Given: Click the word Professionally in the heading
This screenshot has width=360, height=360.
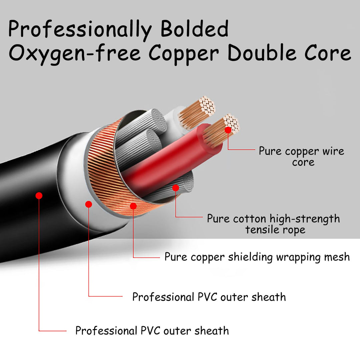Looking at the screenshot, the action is click(x=80, y=29).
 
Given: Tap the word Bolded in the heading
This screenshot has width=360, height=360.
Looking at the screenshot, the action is click(x=194, y=28).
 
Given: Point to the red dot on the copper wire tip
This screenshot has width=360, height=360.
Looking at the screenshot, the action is click(x=228, y=130).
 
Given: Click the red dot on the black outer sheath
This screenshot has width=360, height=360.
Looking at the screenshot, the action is click(x=39, y=196).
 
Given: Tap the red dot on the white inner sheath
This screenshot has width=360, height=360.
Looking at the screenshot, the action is click(x=89, y=204).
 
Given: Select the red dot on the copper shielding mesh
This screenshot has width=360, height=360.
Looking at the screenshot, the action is click(x=133, y=206).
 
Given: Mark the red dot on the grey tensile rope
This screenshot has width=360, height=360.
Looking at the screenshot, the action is click(x=176, y=188).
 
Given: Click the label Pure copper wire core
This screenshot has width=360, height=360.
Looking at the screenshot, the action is click(x=302, y=157).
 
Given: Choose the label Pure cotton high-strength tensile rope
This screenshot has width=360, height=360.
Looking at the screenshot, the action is click(x=273, y=224).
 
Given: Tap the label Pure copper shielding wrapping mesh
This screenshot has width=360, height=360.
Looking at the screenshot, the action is click(x=257, y=257).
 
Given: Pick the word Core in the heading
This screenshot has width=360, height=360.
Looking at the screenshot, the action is click(x=328, y=52).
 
